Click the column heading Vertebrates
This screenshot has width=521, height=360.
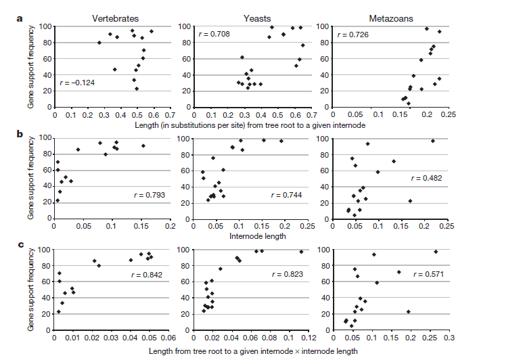pyautogui.click(x=113, y=17)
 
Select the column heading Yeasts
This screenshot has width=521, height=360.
pyautogui.click(x=251, y=17)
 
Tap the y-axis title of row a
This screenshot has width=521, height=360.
pyautogui.click(x=31, y=66)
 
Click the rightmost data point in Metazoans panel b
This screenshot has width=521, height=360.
pyautogui.click(x=433, y=141)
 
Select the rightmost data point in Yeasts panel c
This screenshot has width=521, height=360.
pyautogui.click(x=301, y=252)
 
